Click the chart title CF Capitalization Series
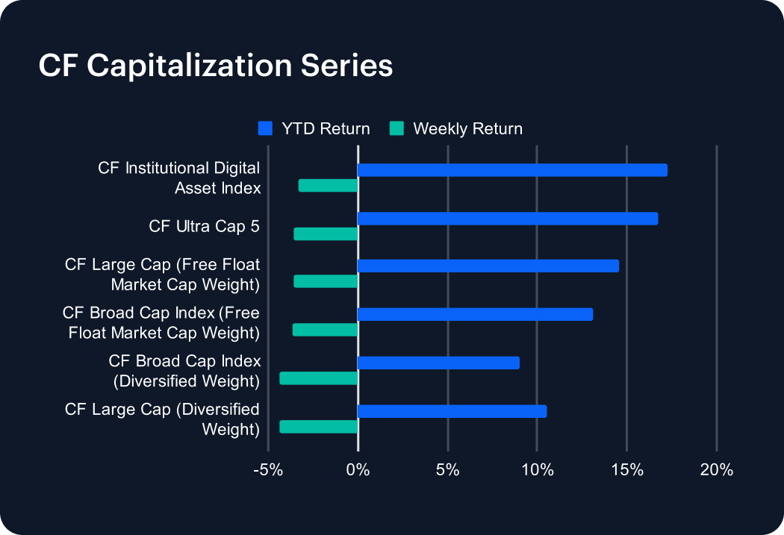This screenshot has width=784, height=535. (x=215, y=66)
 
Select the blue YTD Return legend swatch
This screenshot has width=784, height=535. (x=264, y=128)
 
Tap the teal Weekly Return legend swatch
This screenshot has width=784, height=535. (x=396, y=128)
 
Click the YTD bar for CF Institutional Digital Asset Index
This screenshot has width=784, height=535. (x=512, y=170)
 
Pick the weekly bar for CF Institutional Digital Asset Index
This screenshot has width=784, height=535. (x=328, y=186)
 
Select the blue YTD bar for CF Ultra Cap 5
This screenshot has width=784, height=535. (x=508, y=219)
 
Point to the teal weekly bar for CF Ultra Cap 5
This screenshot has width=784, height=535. (x=326, y=234)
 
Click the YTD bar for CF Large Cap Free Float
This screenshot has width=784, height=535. (x=488, y=266)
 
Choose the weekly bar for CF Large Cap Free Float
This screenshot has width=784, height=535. (x=326, y=281)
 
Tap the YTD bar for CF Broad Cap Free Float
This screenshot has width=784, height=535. (x=475, y=314)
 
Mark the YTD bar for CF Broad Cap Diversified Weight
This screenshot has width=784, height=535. (x=438, y=363)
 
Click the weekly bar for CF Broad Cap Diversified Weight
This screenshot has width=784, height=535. (x=319, y=378)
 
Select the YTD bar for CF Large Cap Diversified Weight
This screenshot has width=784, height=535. (x=452, y=411)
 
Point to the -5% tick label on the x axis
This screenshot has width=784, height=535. (x=268, y=470)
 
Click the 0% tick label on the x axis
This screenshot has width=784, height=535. (x=358, y=470)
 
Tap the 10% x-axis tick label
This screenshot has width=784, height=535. (x=538, y=470)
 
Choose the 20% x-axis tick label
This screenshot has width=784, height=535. (x=717, y=470)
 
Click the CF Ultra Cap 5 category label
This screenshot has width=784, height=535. (x=204, y=226)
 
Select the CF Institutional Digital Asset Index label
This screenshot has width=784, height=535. (x=179, y=178)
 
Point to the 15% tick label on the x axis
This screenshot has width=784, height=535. (x=627, y=470)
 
